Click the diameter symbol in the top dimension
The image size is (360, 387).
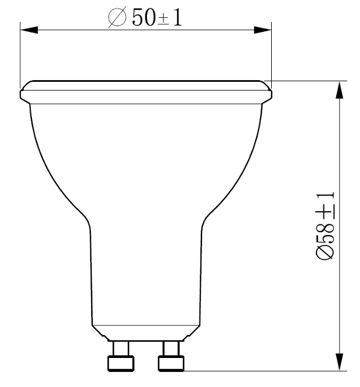click(117, 18)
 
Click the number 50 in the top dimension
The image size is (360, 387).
click(142, 18)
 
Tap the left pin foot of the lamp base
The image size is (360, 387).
click(120, 363)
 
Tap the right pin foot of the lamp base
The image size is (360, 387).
click(171, 363)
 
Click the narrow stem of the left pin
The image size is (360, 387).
click(121, 349)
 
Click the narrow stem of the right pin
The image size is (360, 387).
click(171, 349)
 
